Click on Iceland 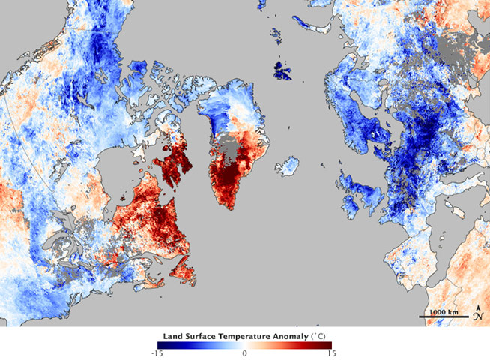pyautogui.click(x=287, y=164)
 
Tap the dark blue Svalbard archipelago pyautogui.click(x=282, y=71)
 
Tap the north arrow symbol pyautogui.click(x=477, y=313)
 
